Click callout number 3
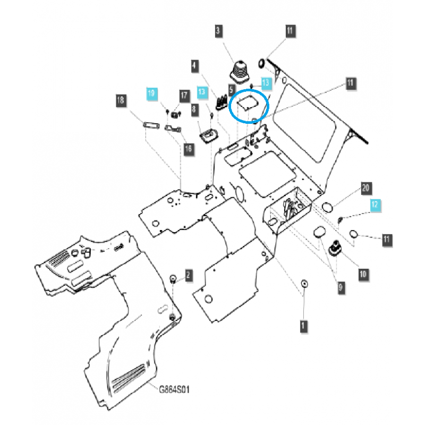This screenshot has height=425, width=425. click(x=218, y=31)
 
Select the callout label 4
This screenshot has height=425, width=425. click(x=194, y=66)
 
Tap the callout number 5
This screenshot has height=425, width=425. click(x=232, y=91)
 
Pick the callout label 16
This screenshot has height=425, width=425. click(x=188, y=149)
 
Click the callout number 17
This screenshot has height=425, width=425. click(x=184, y=96)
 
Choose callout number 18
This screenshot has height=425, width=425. click(x=121, y=100)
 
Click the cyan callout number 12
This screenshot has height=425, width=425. click(x=376, y=205)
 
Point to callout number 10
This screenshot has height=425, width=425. click(x=363, y=274)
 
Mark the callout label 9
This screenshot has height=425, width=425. click(x=341, y=287)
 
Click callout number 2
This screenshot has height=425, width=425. click(x=188, y=275)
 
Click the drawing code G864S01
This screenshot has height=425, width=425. click(x=175, y=389)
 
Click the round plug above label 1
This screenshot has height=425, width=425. click(x=304, y=284)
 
